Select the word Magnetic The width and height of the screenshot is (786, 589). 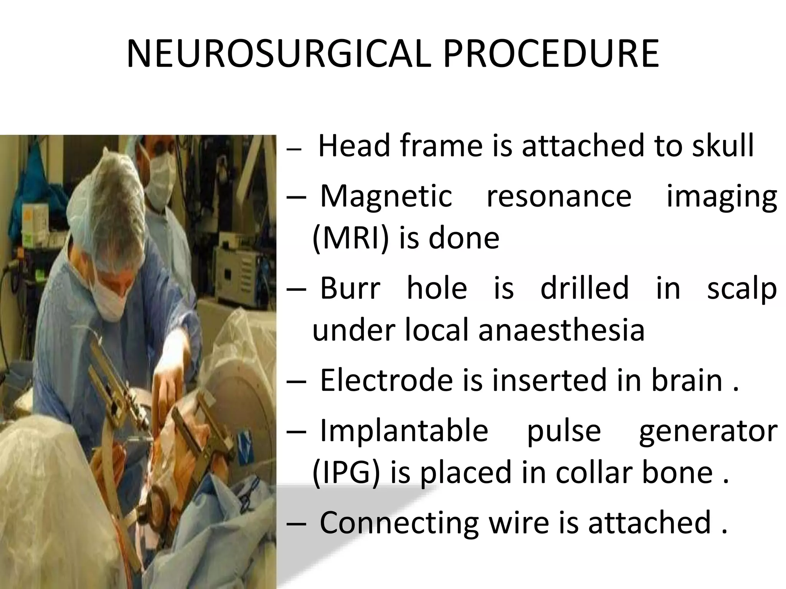point(386,196)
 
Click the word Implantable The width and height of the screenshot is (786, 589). point(404,430)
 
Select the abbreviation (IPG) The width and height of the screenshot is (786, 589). point(346,472)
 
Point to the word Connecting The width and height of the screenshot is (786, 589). point(399,522)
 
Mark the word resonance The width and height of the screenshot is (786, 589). point(559,196)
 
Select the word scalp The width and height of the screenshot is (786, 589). point(742,288)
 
